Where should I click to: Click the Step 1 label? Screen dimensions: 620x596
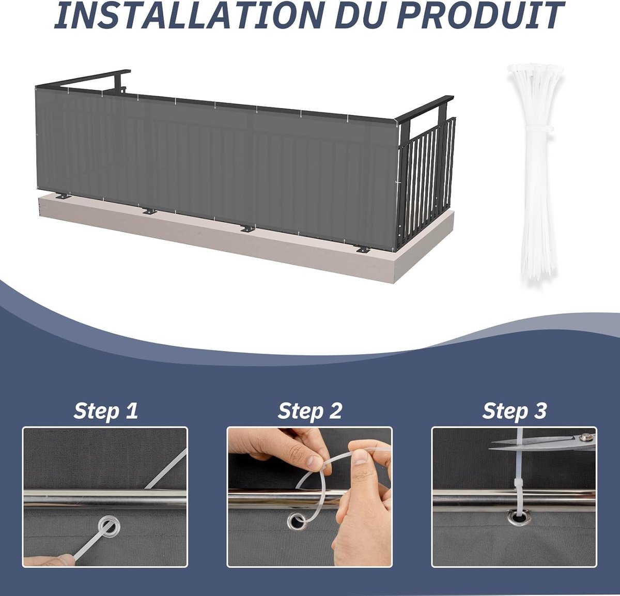(x=105, y=411)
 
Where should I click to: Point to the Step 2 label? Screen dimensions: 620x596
(x=309, y=411)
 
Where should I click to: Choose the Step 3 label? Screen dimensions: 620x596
(x=514, y=411)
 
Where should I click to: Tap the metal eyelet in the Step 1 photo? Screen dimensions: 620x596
(x=110, y=527)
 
